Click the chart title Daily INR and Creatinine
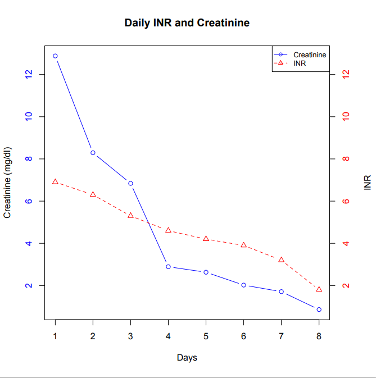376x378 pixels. click(x=187, y=23)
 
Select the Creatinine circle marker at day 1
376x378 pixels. click(x=55, y=56)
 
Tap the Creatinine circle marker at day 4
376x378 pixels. click(x=168, y=267)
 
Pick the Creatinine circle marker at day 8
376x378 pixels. click(x=319, y=309)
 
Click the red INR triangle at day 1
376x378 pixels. click(x=55, y=181)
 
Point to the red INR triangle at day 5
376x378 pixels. click(x=206, y=239)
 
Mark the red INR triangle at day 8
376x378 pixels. click(x=319, y=289)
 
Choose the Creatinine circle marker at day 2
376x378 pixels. click(x=93, y=153)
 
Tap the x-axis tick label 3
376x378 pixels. click(x=130, y=336)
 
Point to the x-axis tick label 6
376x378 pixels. click(x=243, y=336)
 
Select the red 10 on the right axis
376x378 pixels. click(x=346, y=116)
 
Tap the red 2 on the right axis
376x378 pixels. click(x=346, y=285)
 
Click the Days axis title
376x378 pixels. click(x=187, y=357)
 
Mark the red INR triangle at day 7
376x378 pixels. click(x=281, y=259)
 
